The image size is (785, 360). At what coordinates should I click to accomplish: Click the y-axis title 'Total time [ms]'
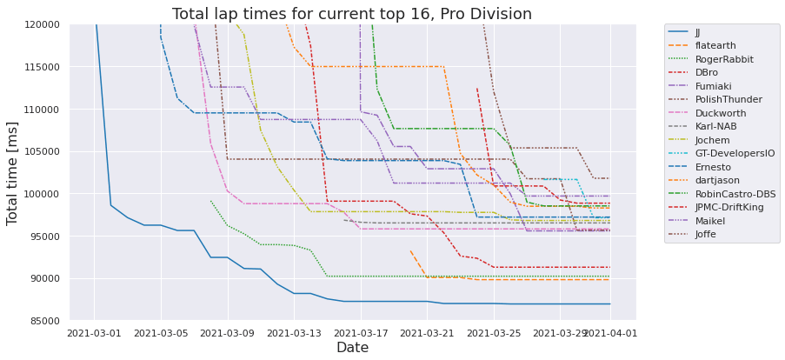click(14, 174)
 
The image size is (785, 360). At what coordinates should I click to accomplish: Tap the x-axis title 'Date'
click(352, 348)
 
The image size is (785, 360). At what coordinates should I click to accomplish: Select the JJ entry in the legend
click(698, 32)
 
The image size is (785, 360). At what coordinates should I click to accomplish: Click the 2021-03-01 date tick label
click(94, 332)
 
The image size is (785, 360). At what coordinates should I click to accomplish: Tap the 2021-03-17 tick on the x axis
click(360, 332)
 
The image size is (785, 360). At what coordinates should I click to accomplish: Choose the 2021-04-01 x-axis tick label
click(609, 332)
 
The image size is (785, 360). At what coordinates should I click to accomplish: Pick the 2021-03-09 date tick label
click(227, 332)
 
